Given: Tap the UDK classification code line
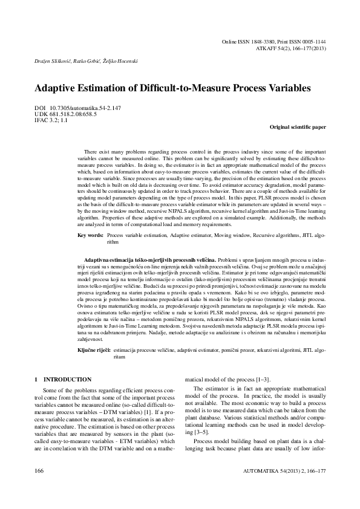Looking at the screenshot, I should pyautogui.click(x=62, y=114).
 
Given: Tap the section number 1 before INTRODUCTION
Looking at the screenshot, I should pyautogui.click(x=36, y=380).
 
